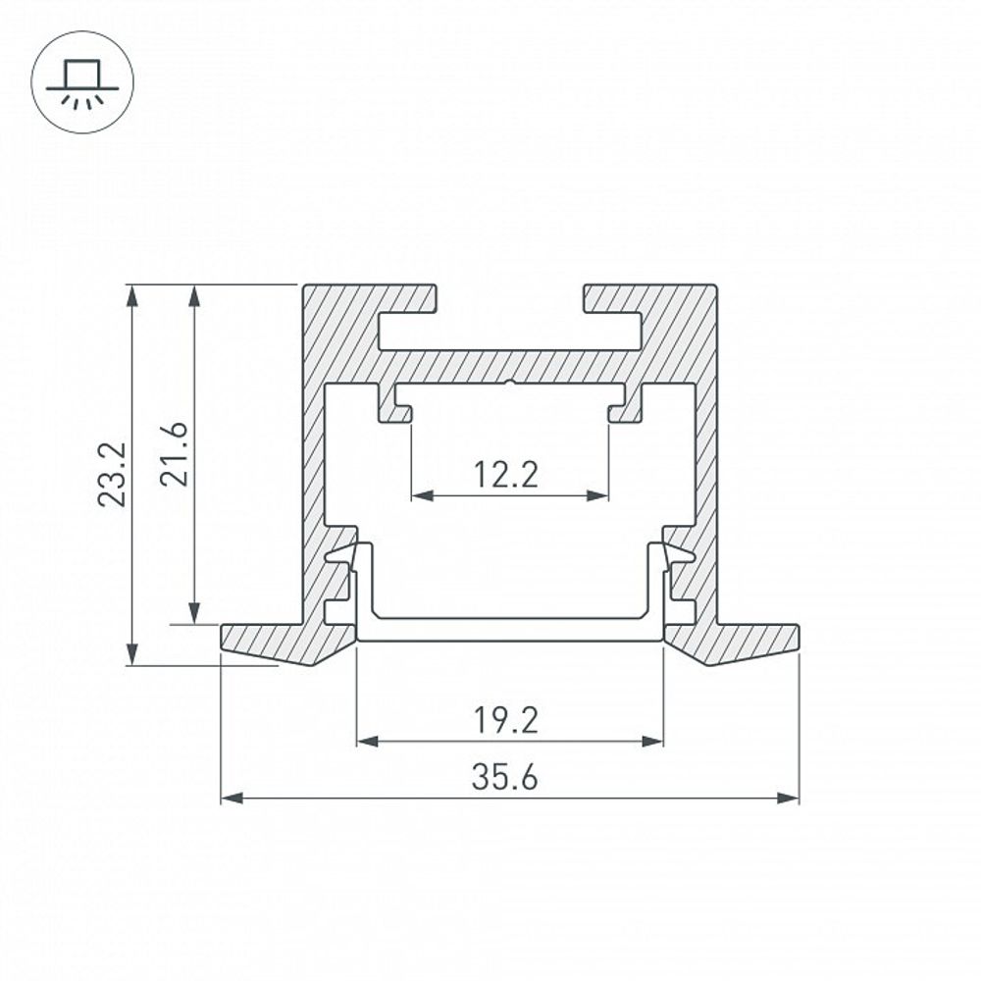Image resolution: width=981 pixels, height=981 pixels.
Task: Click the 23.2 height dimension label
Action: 113,474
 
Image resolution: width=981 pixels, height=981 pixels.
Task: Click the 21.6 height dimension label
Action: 173,454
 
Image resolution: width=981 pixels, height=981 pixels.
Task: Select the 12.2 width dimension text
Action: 506,476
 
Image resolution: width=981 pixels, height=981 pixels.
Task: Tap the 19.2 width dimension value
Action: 506,721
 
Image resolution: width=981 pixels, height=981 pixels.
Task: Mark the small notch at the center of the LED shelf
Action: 510,383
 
